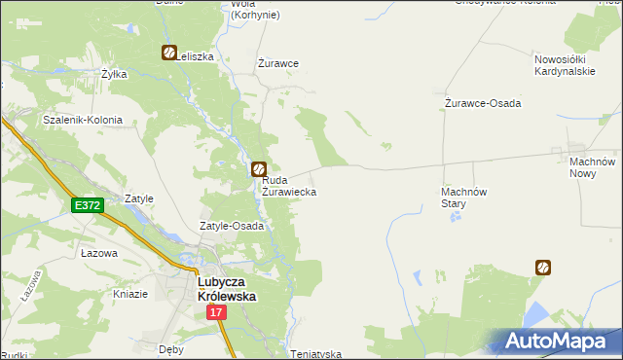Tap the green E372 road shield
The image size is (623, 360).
point(87,205)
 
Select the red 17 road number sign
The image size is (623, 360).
point(216,312)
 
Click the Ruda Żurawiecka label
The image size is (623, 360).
point(288,186)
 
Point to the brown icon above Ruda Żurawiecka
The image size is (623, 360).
point(259,168)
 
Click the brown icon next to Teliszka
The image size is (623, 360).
point(168,54)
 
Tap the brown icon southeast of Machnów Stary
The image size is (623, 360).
point(542,266)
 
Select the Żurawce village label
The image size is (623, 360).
point(277,63)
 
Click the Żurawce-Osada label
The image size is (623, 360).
point(483,103)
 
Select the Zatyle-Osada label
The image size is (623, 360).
point(232,226)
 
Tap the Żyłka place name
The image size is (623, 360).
point(115,73)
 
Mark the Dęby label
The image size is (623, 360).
point(171,347)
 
